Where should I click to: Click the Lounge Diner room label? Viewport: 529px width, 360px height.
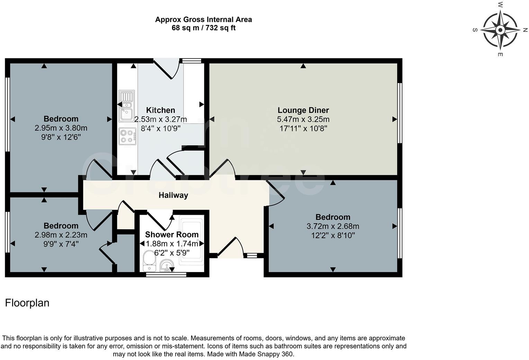point(303,110)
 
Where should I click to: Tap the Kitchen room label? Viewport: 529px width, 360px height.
point(160,110)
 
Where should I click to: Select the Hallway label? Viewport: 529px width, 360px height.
point(173,195)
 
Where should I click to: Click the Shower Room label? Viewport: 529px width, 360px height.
point(172,235)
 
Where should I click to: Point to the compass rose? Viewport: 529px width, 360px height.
point(500,30)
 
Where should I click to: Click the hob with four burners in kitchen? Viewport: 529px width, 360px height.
point(127,136)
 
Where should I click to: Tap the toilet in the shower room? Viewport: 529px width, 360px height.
point(149,261)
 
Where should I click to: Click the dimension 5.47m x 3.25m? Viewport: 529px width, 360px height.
point(303,119)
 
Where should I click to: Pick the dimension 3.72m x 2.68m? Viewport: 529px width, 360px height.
point(333,226)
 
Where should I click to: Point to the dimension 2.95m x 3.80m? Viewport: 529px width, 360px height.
point(61,128)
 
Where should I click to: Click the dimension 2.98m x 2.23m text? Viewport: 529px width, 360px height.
point(61,235)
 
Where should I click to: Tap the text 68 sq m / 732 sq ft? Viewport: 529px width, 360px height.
point(203,28)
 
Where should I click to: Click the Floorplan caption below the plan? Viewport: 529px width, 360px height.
point(27,303)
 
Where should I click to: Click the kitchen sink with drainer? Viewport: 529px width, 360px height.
point(126,106)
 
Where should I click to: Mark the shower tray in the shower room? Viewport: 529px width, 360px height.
point(192,242)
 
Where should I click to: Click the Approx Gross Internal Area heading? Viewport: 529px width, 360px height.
point(203,19)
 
